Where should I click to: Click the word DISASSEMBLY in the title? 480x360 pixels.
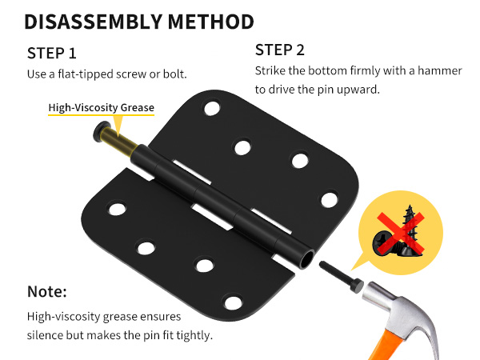pos(93,22)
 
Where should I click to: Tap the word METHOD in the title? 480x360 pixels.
pos(211,22)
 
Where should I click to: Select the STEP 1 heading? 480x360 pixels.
pos(51,54)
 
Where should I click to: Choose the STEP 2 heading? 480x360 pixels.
pos(280,50)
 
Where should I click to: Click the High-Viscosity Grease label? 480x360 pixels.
pos(102,107)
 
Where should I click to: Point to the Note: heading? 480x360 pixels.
pos(47,291)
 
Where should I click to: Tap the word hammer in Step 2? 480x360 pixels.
pos(440,70)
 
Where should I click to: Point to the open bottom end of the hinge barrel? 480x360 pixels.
pos(306,260)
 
